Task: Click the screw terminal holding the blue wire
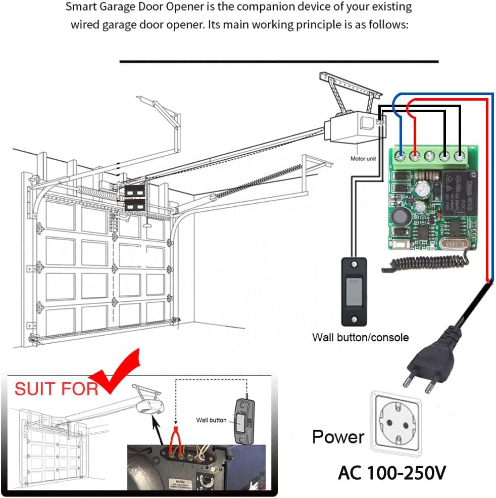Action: coord(401,155)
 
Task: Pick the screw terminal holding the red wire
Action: coord(415,155)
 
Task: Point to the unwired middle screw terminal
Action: coord(430,155)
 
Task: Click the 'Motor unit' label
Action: coord(363,158)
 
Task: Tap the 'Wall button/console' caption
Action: coord(360,337)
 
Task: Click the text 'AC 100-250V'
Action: coord(392,473)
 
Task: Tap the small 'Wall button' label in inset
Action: coord(211,420)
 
